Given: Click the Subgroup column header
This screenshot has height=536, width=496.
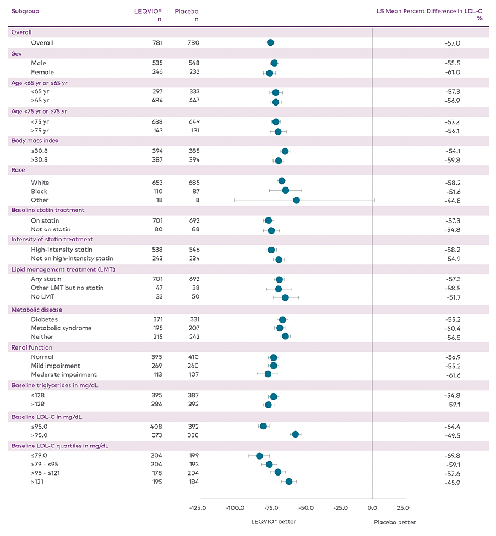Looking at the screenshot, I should [25, 11].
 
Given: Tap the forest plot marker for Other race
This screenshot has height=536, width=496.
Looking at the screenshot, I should [297, 200].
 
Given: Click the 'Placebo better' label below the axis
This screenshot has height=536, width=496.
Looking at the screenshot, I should [395, 522].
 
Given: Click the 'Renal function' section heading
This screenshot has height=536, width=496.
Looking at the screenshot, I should [32, 347].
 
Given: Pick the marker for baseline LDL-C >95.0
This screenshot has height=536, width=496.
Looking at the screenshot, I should [296, 434].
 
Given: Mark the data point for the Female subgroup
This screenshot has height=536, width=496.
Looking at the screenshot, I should [269, 73].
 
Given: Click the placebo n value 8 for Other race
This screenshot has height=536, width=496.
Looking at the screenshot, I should [197, 200].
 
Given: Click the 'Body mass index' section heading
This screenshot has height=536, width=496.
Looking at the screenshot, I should [34, 141].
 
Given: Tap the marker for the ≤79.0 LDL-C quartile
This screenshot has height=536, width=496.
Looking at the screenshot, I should [260, 456].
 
